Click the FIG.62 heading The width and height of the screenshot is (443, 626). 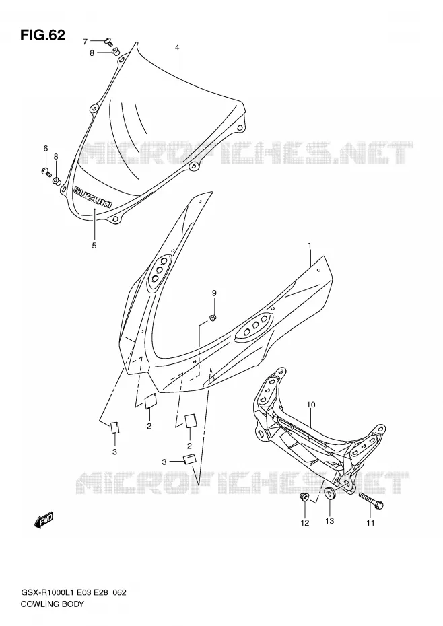tap(42, 35)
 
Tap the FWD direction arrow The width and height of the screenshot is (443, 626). tap(43, 520)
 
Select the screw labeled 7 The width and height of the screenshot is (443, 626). tap(108, 40)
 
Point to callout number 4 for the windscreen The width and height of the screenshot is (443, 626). tap(177, 48)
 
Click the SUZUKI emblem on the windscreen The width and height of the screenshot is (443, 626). tap(92, 198)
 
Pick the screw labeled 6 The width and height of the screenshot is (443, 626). tap(46, 172)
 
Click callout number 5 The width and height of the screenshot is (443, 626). tap(94, 246)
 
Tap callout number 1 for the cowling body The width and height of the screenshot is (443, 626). tap(309, 245)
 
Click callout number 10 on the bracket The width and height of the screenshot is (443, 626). tap(311, 405)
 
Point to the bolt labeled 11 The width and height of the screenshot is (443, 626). tap(371, 501)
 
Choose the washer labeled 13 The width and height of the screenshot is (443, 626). tap(329, 493)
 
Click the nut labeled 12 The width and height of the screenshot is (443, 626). tap(304, 497)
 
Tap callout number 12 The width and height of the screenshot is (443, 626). tap(305, 522)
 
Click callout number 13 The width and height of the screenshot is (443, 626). tap(329, 520)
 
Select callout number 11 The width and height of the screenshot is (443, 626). tap(370, 522)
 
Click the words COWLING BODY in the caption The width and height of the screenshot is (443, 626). tap(53, 604)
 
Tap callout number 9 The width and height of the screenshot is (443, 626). tap(214, 293)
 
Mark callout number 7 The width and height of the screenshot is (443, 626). tap(85, 42)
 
